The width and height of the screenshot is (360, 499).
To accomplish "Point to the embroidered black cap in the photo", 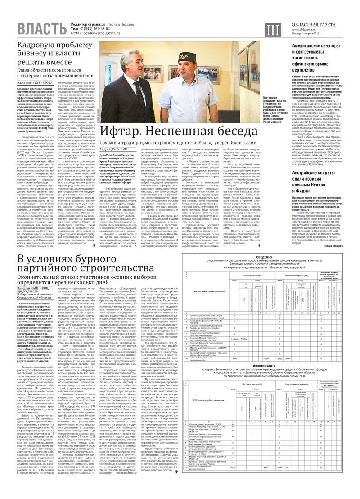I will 185,59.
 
